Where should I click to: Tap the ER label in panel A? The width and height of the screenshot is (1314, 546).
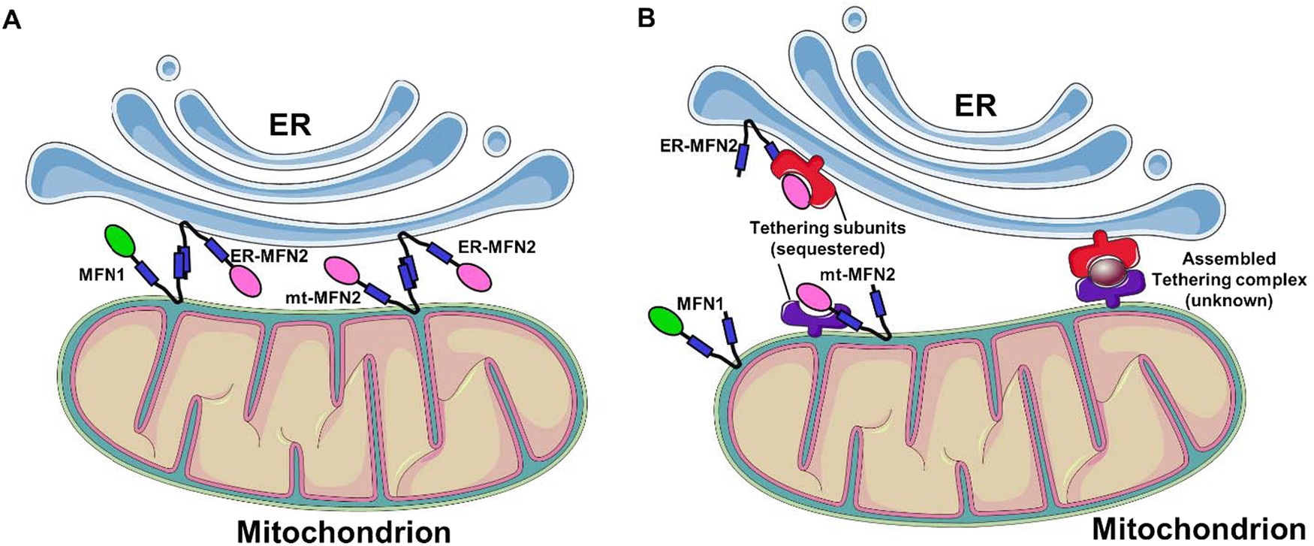291,125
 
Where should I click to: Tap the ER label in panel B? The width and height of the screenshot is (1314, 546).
975,105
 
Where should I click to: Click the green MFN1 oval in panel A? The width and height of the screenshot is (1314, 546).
119,242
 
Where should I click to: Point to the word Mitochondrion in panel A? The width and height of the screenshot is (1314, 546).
344,530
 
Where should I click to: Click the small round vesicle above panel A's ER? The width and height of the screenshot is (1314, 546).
169,68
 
